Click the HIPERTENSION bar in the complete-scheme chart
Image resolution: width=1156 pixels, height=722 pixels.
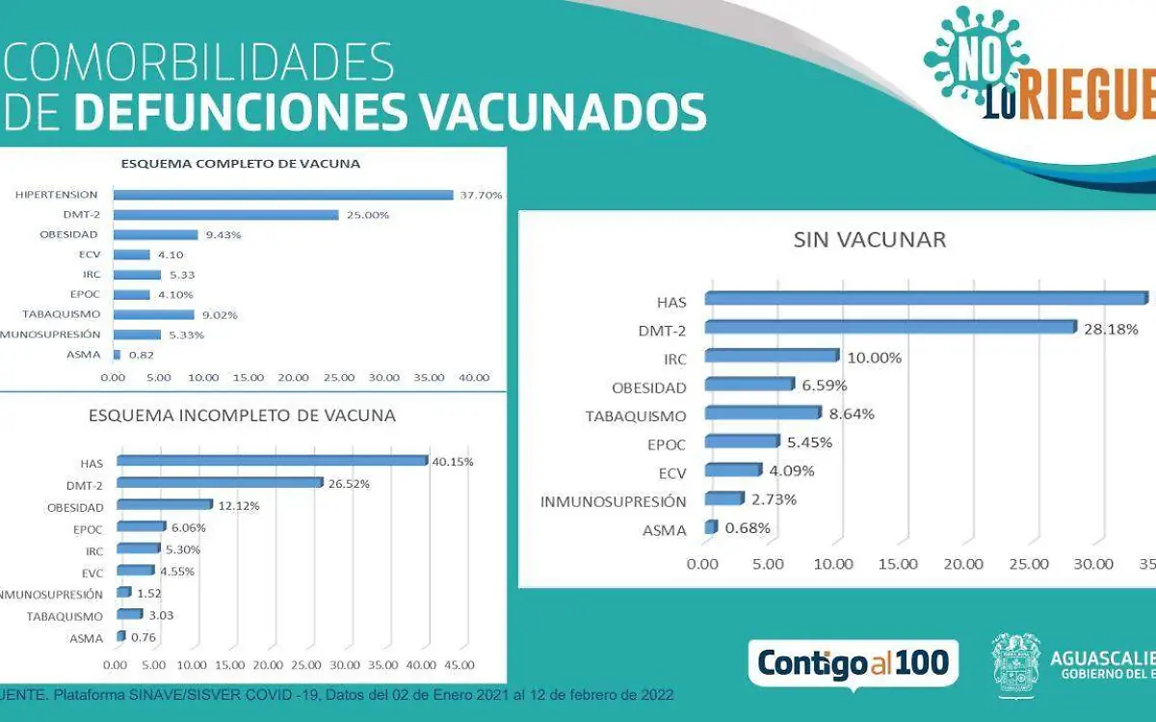[x=283, y=195]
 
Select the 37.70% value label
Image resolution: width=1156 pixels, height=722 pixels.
[x=481, y=195]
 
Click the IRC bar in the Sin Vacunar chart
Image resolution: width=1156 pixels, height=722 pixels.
[x=772, y=357]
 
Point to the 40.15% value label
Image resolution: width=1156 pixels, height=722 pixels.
[x=453, y=462]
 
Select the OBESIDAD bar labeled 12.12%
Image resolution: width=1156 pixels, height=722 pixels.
[x=163, y=505]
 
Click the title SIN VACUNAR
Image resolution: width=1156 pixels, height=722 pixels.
[x=869, y=240]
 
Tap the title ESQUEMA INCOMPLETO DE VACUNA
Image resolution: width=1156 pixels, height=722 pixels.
[x=242, y=415]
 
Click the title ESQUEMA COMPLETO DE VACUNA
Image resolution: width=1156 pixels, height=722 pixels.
[x=240, y=164]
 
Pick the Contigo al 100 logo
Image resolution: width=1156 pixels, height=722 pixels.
[x=853, y=663]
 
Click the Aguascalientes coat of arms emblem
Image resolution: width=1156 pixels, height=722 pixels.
[x=1018, y=663]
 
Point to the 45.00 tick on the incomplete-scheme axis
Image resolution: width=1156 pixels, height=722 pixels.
[x=458, y=665]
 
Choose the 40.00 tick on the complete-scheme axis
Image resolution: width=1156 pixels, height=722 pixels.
[x=474, y=377]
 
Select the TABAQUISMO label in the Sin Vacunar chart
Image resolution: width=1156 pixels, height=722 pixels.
[x=636, y=416]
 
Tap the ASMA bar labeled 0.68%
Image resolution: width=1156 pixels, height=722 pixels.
[x=711, y=528]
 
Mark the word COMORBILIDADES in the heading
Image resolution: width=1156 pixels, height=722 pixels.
[x=200, y=64]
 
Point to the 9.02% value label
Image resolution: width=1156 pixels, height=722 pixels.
[x=218, y=314]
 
